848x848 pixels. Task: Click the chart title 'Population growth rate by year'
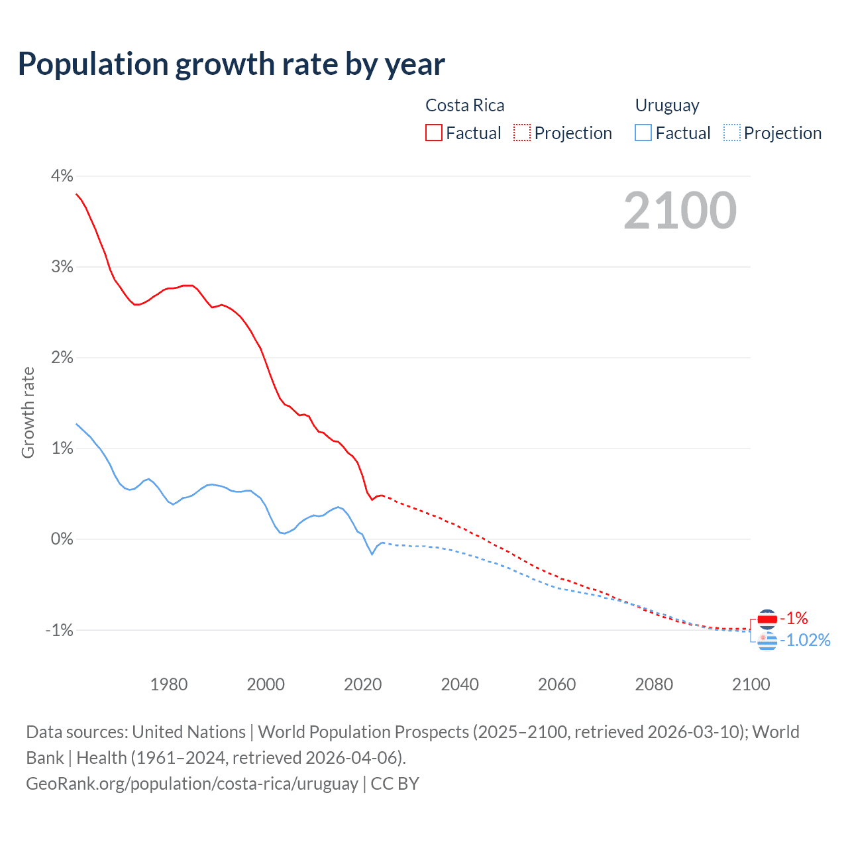(x=231, y=64)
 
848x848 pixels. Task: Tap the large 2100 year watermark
(x=680, y=211)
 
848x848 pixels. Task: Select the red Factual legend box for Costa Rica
(x=434, y=133)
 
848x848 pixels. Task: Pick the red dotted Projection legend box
(x=522, y=133)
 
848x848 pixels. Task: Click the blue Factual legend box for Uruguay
(x=643, y=133)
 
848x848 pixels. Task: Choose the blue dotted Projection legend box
(x=731, y=133)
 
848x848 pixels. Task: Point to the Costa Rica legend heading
(x=464, y=105)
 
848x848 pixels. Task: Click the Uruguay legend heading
(x=667, y=105)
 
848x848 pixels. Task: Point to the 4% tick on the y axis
(x=62, y=176)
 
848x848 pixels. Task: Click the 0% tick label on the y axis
(x=62, y=539)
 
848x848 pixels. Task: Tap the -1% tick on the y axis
(x=59, y=630)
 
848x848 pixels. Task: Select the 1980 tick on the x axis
(x=169, y=684)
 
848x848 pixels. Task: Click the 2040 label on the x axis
(x=460, y=684)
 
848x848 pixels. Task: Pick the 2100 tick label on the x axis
(x=751, y=684)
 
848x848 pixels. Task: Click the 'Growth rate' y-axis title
(x=28, y=412)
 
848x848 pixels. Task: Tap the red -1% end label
(x=794, y=619)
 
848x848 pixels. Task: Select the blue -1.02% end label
(x=805, y=640)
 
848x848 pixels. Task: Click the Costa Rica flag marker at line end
(x=767, y=619)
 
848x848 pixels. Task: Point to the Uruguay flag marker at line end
(x=767, y=641)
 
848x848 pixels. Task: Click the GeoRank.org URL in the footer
(x=192, y=784)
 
